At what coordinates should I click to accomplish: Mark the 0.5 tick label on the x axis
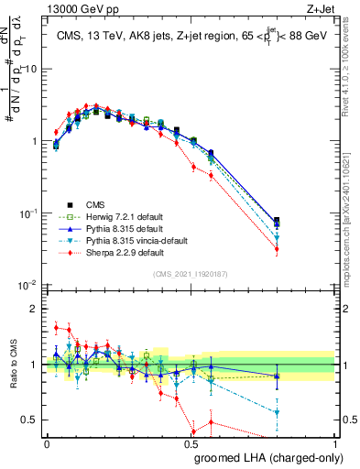click(191, 444)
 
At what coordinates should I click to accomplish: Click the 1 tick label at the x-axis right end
click(335, 444)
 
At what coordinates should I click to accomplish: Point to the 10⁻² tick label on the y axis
click(29, 285)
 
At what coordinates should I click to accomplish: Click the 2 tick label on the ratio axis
click(36, 309)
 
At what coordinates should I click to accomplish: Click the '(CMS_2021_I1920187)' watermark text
click(191, 273)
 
